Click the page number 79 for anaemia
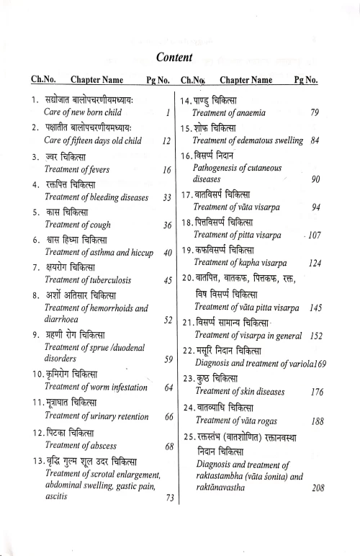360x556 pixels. click(315, 112)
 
